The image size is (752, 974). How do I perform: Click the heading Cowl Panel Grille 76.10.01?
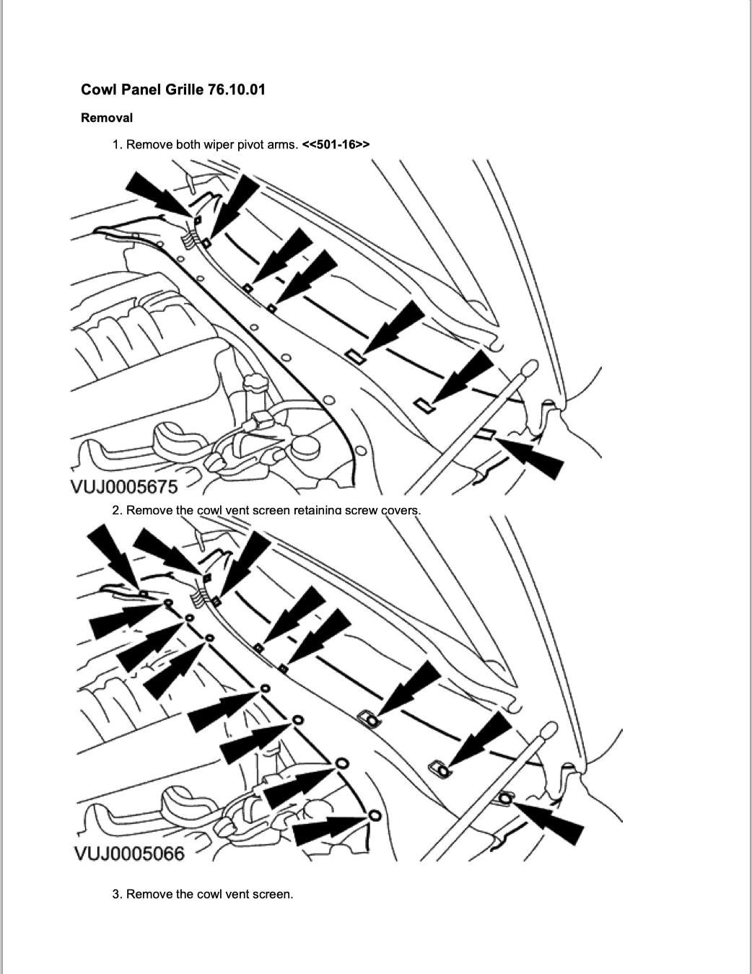tap(173, 89)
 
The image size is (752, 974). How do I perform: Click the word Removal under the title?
tap(107, 118)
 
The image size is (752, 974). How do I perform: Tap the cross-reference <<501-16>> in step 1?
tap(336, 144)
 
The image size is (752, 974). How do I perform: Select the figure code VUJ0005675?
tap(124, 487)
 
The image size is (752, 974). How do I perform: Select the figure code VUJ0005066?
tap(129, 854)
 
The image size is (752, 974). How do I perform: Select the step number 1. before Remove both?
tap(117, 144)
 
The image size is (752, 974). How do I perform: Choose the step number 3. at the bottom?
tap(117, 894)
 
